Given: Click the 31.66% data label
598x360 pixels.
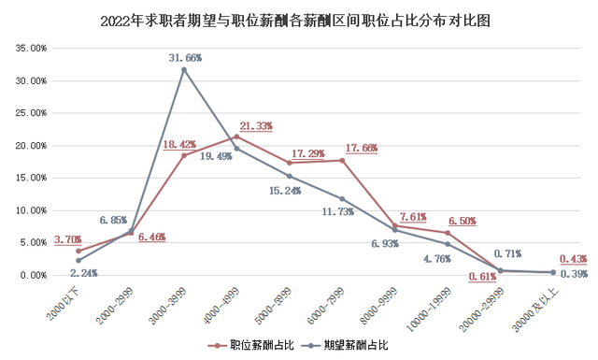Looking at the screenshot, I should coord(183,57).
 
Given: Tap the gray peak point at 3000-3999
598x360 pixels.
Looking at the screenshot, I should coord(184,70).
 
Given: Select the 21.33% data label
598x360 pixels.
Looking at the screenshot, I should coord(256,126).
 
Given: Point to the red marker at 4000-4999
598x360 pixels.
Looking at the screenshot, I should coord(236,137).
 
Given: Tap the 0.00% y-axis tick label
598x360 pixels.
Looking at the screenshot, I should coord(33,275).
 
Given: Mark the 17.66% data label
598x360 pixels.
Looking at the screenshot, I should coord(361,148).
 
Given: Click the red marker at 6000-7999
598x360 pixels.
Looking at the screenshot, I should coord(342,161).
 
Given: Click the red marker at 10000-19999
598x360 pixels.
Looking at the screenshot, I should coord(448,233).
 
